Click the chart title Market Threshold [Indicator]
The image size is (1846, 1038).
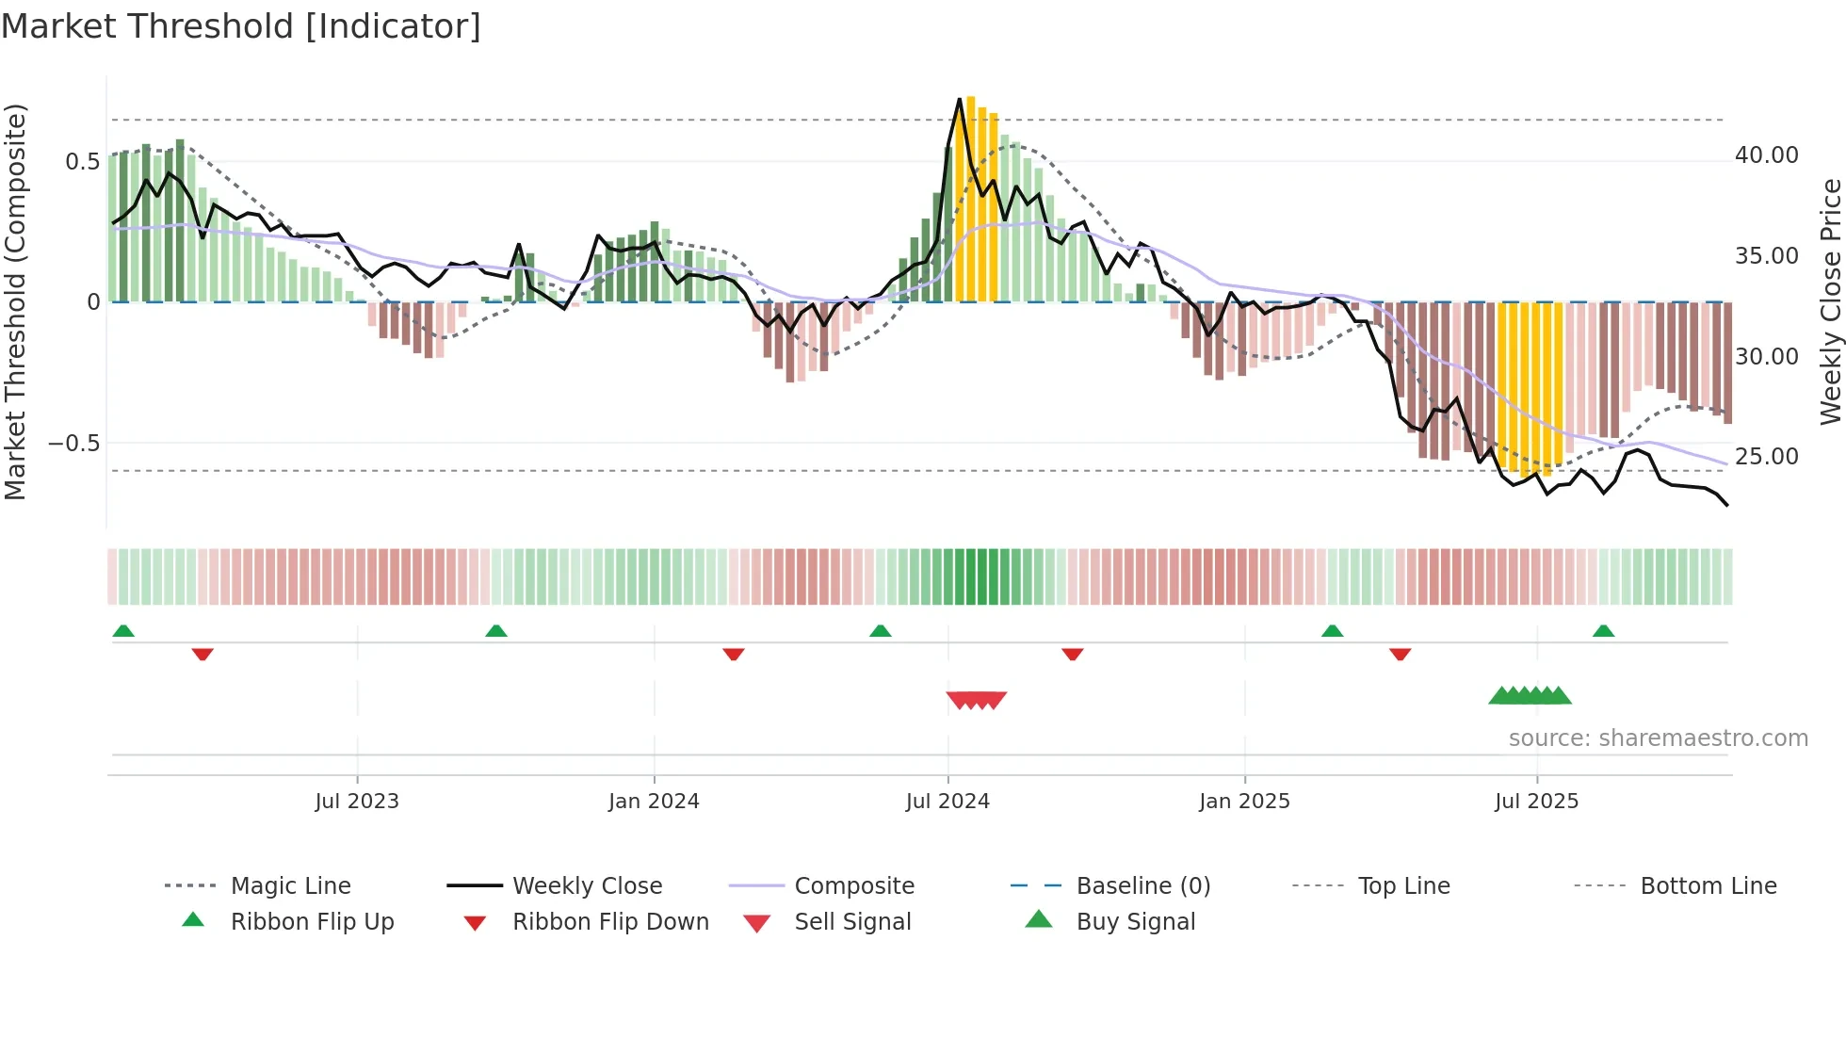click(x=241, y=26)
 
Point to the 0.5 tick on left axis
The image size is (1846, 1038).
click(x=82, y=162)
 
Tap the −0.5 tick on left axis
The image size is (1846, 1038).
click(x=74, y=444)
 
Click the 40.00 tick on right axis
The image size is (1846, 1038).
click(x=1766, y=155)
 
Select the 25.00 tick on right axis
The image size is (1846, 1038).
click(x=1766, y=457)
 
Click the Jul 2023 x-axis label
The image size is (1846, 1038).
click(x=357, y=802)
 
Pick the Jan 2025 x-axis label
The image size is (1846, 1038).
click(x=1244, y=802)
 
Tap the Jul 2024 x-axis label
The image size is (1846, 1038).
click(x=947, y=802)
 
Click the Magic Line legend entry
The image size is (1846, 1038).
click(x=290, y=886)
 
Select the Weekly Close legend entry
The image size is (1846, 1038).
click(x=587, y=886)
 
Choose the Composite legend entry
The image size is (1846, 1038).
click(x=854, y=886)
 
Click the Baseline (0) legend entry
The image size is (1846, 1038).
click(x=1142, y=886)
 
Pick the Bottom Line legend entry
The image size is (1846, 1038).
click(x=1708, y=886)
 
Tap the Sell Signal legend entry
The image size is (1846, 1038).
click(x=852, y=922)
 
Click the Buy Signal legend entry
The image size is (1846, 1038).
click(x=1135, y=922)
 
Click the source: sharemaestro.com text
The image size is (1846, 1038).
click(x=1658, y=738)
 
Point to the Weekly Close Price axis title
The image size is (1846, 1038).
click(x=1830, y=301)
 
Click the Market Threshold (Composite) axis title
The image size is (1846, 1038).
click(x=15, y=301)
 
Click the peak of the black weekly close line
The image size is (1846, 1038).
click(x=960, y=99)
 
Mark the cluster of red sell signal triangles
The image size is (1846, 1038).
click(x=977, y=700)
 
